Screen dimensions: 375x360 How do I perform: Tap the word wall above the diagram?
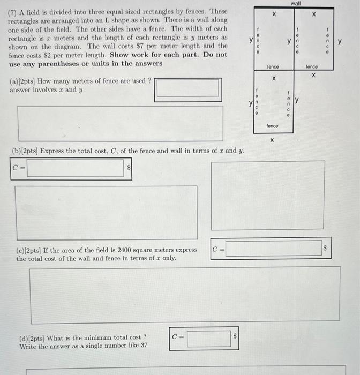tap(295, 3)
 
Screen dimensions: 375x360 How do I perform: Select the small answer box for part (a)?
tap(187, 88)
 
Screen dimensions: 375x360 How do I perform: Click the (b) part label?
tap(16, 151)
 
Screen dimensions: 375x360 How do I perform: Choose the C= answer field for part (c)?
tap(273, 249)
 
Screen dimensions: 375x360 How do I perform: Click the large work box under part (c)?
tap(184, 294)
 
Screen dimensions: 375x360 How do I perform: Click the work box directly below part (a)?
tap(121, 123)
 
